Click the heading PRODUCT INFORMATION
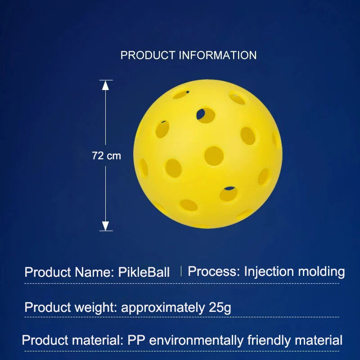pyautogui.click(x=189, y=55)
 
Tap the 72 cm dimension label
pyautogui.click(x=106, y=156)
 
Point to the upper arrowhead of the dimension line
pyautogui.click(x=105, y=85)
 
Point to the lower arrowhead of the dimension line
pyautogui.click(x=105, y=226)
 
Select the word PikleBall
pyautogui.click(x=144, y=272)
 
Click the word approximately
pyautogui.click(x=162, y=308)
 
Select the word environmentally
pyautogui.click(x=197, y=340)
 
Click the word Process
pyautogui.click(x=212, y=271)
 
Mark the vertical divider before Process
pyautogui.click(x=181, y=271)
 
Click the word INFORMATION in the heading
pyautogui.click(x=218, y=55)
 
